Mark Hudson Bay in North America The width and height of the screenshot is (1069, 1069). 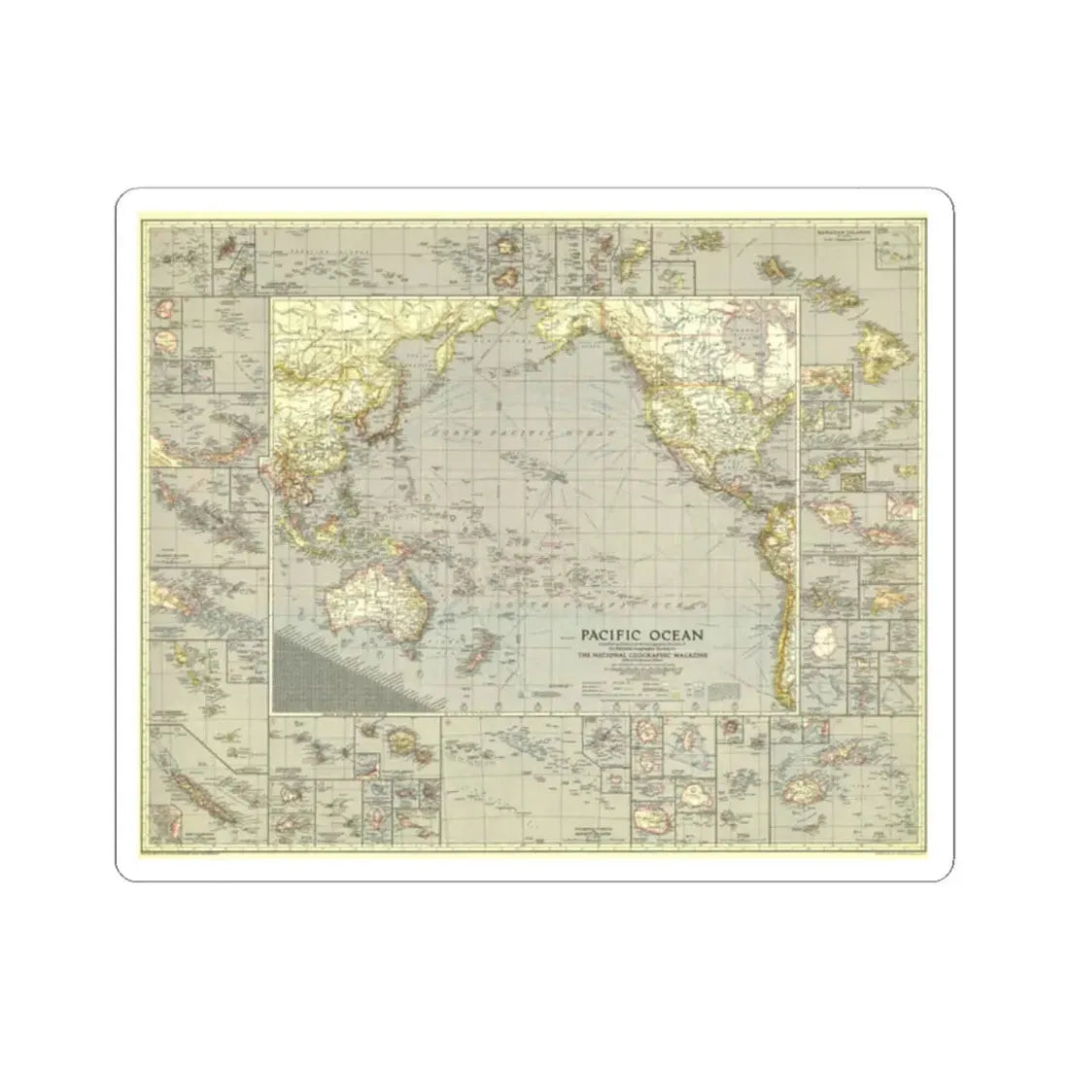point(748,340)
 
